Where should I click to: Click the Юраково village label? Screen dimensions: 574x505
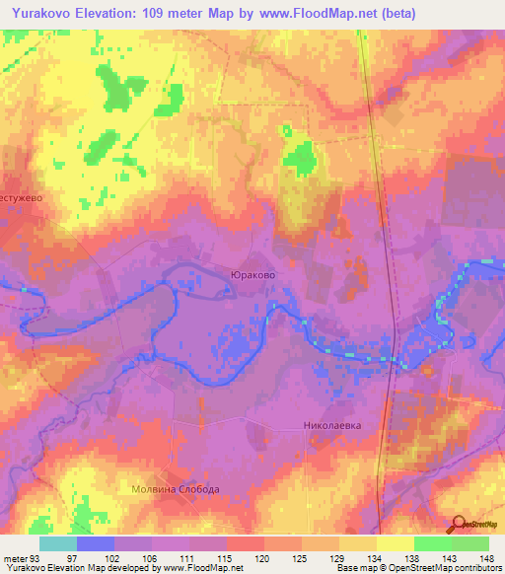251,275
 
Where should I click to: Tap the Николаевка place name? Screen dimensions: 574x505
331,427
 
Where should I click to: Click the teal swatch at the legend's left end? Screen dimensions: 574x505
58,543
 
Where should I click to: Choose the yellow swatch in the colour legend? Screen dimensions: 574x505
395,543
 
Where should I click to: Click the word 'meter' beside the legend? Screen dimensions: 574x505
15,557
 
